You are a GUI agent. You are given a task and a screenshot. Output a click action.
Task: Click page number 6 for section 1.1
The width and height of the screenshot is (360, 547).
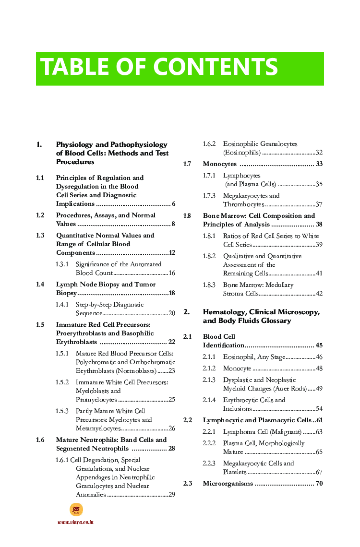tap(173, 204)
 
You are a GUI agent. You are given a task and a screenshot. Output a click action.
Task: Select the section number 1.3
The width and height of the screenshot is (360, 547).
tap(40, 236)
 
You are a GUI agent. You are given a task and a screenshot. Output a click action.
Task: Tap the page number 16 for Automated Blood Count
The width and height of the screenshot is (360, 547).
tap(171, 273)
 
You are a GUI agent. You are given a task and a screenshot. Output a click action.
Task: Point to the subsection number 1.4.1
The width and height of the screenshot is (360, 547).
tap(62, 305)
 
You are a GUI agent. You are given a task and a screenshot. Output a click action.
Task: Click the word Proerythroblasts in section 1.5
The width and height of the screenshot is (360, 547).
tap(82, 333)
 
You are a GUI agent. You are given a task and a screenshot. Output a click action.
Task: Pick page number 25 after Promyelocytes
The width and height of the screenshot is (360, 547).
tap(171, 400)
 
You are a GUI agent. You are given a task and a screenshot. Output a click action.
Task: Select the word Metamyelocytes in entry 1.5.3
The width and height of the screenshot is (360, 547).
tap(98, 428)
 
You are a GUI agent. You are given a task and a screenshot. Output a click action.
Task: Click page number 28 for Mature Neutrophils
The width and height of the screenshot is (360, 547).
tap(171, 449)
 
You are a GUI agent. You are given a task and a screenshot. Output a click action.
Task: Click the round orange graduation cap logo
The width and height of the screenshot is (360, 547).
tap(76, 510)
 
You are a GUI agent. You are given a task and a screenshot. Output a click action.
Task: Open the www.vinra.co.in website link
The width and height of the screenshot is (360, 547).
tap(75, 522)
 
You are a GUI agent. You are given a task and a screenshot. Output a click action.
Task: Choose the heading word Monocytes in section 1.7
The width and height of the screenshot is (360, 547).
tap(219, 164)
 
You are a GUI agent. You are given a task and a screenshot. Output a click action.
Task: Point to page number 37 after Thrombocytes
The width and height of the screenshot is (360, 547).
tap(319, 204)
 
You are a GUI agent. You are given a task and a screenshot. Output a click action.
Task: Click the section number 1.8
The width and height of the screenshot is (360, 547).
tap(187, 216)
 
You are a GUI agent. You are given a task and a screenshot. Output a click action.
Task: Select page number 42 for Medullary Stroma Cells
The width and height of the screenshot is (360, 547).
tap(319, 294)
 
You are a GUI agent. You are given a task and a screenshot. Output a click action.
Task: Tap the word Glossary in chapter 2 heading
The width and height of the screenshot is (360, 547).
tap(275, 321)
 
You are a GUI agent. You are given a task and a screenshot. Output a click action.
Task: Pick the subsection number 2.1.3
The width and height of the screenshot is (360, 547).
tap(209, 380)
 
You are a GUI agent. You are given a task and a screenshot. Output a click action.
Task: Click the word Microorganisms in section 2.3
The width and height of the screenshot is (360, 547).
tap(228, 484)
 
